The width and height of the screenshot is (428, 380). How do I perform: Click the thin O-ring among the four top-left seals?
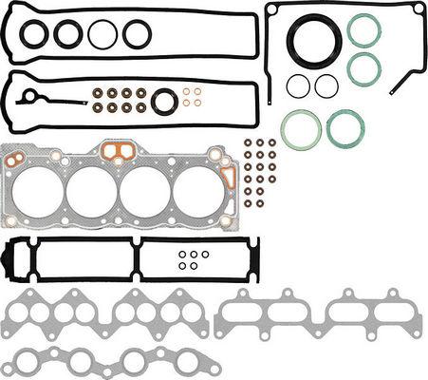coord(102,34)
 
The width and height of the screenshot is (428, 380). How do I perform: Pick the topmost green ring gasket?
coord(364,29)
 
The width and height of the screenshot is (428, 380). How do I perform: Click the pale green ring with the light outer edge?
coord(300,128)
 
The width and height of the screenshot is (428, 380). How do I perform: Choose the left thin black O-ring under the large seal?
coord(298,85)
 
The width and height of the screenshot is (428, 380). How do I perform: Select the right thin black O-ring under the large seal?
coord(326,85)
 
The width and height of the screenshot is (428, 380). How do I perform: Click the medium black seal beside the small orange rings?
coord(165,99)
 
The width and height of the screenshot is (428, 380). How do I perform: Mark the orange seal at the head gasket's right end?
coord(228,177)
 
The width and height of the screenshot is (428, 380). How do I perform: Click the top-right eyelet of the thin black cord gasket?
coord(418,9)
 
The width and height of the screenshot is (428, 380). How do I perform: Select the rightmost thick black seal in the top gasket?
coord(137,34)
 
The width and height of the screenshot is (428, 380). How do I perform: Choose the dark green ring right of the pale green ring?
coord(344,128)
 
